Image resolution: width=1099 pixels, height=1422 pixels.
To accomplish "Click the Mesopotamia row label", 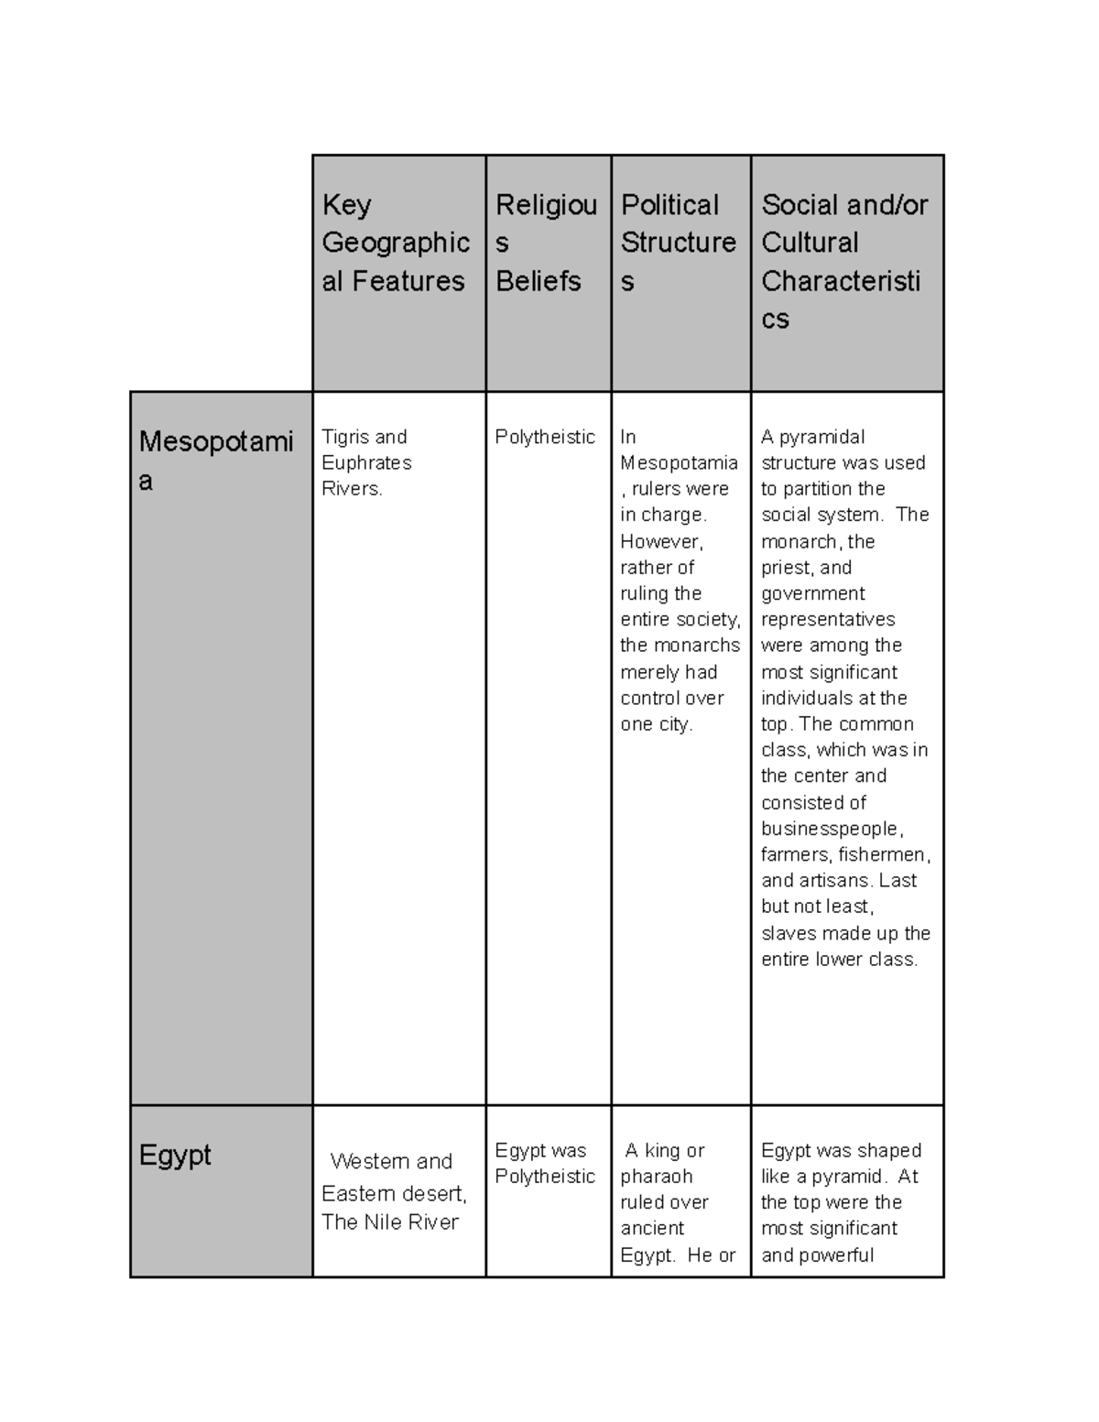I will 215,460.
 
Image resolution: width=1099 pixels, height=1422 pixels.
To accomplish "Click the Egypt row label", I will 175,1155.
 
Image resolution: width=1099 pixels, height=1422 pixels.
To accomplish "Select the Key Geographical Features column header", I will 396,243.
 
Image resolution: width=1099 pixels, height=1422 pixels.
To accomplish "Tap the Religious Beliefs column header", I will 546,243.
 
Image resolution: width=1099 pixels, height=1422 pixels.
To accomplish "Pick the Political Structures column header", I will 678,243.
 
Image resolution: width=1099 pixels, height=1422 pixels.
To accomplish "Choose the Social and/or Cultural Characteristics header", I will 843,261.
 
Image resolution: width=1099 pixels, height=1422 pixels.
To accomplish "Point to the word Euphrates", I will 366,462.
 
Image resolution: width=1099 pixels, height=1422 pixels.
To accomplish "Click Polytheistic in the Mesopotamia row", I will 545,437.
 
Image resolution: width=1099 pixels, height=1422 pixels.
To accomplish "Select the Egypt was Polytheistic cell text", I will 545,1163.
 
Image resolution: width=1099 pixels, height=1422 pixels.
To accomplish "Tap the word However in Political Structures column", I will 660,541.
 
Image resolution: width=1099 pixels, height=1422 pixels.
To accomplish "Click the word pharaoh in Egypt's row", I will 656,1176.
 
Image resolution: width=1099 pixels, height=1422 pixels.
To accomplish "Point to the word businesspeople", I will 831,829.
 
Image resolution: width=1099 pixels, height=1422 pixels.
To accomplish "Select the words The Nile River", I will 390,1221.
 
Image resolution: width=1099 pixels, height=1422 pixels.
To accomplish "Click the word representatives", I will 828,619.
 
